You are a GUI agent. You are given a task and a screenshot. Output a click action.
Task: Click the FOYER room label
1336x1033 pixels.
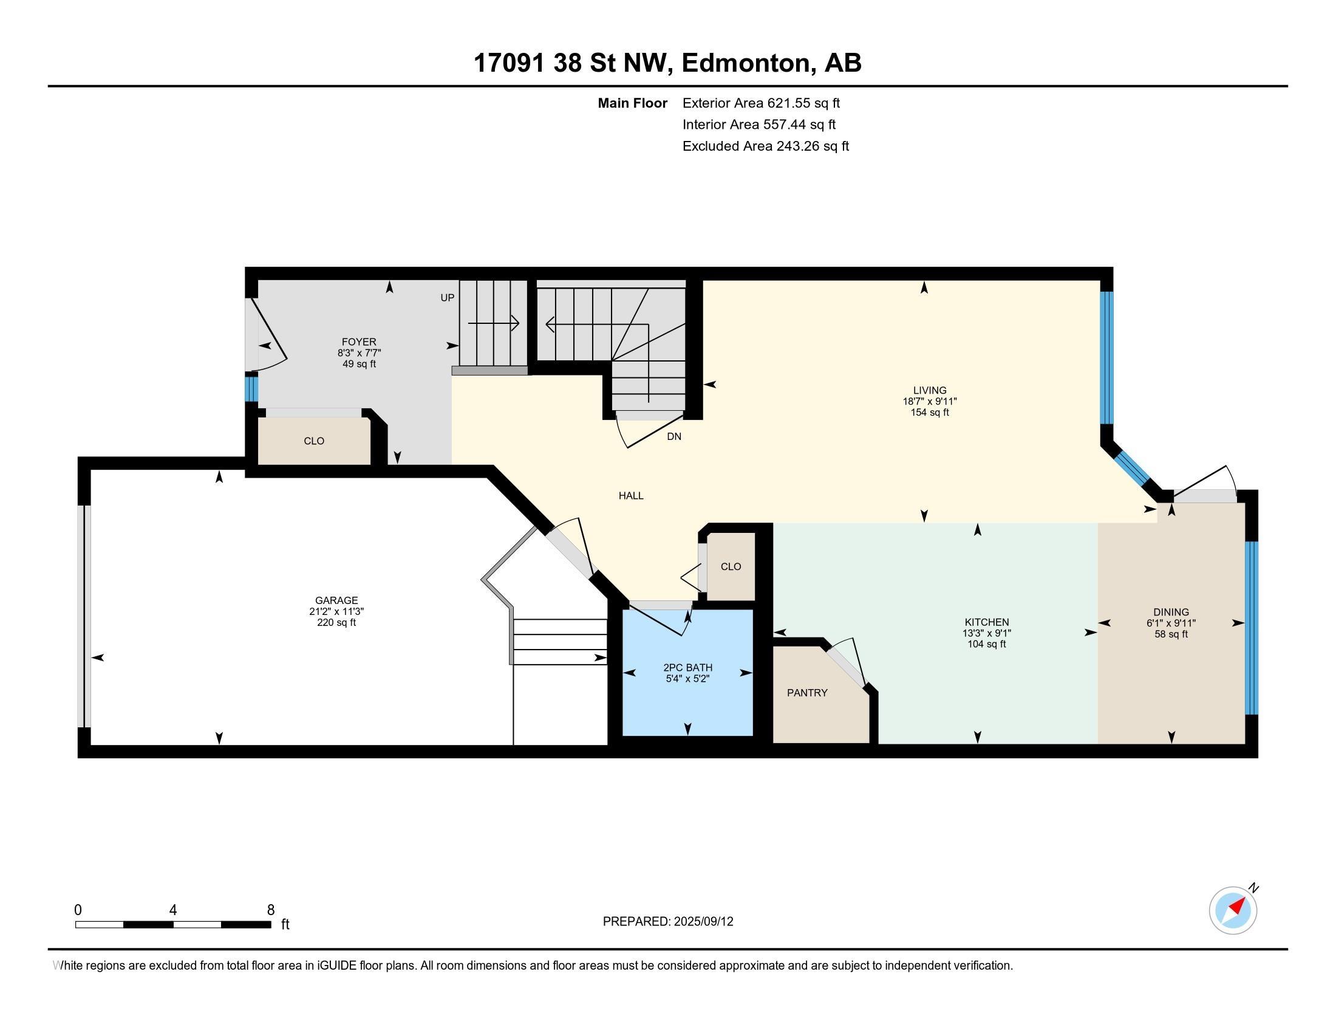(x=359, y=341)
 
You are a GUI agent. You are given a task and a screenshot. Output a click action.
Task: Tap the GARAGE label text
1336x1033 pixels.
(x=336, y=600)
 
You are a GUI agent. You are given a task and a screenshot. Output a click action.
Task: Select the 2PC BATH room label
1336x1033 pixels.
(x=687, y=668)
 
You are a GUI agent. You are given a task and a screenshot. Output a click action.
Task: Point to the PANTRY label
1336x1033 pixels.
(x=807, y=693)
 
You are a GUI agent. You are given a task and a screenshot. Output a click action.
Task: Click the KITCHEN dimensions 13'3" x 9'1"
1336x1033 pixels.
(x=986, y=633)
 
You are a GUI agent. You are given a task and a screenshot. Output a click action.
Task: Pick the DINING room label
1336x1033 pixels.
(x=1171, y=612)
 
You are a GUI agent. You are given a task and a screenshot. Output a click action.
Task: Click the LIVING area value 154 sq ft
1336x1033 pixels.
(x=930, y=413)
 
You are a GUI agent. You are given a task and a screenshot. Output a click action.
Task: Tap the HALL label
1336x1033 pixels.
(x=631, y=496)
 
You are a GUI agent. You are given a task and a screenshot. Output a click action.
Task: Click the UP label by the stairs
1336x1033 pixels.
(x=447, y=298)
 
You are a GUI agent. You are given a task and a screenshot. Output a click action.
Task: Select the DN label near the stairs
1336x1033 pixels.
(x=673, y=437)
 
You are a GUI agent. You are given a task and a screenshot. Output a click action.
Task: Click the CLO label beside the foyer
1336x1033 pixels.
(x=314, y=441)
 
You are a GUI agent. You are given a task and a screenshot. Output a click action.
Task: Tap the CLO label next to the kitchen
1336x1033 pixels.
(x=731, y=567)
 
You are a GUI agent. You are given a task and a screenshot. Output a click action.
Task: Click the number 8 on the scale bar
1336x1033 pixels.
(x=270, y=910)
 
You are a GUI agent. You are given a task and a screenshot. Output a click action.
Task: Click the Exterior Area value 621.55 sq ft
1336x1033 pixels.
(x=804, y=103)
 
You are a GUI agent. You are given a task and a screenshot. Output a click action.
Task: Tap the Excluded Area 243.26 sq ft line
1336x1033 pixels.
(x=766, y=146)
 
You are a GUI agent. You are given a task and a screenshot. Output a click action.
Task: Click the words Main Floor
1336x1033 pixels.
(x=633, y=103)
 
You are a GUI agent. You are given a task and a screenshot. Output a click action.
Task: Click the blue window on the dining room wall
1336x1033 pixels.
(x=1252, y=628)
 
